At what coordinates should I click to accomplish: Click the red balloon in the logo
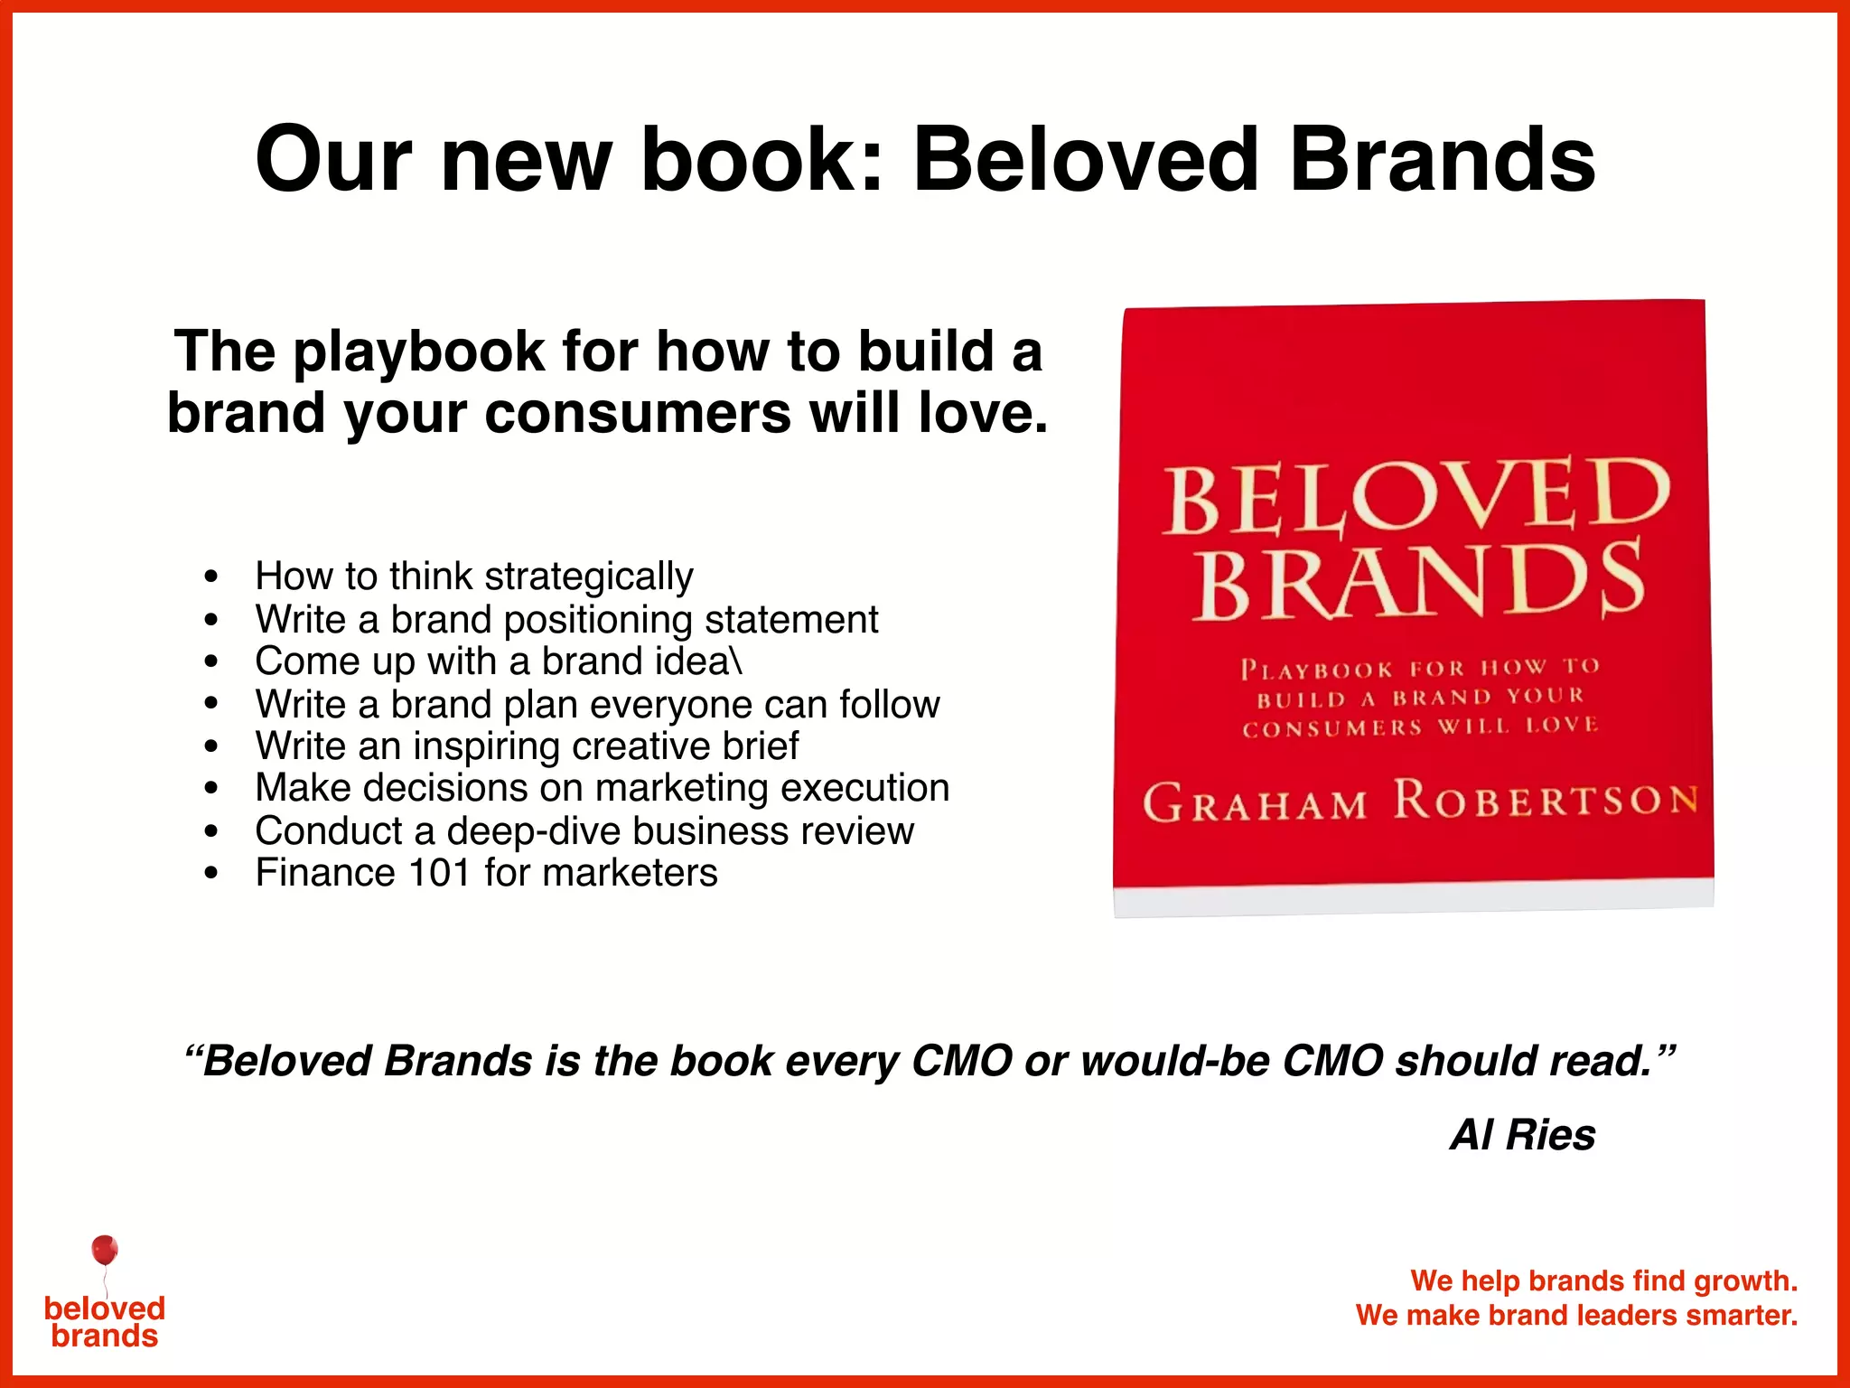[x=105, y=1251]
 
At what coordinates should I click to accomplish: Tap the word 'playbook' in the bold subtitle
[x=420, y=352]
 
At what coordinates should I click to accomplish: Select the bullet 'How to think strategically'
[x=474, y=577]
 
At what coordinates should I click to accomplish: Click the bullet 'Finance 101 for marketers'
[x=486, y=873]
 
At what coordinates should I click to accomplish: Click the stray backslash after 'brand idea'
[x=737, y=661]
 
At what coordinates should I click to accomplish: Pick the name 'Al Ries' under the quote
[x=1522, y=1135]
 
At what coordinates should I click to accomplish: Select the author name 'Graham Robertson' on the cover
[x=1419, y=802]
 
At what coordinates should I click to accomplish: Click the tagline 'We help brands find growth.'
[x=1603, y=1280]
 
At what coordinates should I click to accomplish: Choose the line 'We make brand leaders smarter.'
[x=1576, y=1315]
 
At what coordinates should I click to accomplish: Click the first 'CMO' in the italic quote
[x=962, y=1061]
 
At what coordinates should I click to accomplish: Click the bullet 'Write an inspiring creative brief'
[x=527, y=746]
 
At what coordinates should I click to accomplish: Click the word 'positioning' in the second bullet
[x=598, y=620]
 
